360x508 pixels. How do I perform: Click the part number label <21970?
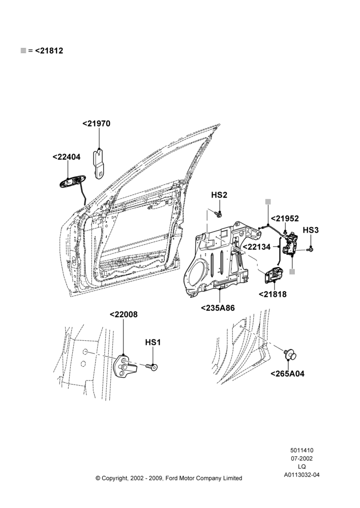click(96, 123)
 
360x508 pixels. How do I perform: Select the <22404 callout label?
click(67, 157)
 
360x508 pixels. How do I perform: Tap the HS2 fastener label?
click(219, 195)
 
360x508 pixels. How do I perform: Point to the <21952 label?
click(285, 218)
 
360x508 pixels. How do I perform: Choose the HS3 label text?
click(311, 230)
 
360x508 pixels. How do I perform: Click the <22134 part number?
click(257, 247)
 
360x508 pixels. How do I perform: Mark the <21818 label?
click(273, 294)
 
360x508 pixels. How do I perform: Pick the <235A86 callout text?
click(218, 308)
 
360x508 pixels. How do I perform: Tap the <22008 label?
click(124, 314)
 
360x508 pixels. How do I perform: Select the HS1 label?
click(153, 342)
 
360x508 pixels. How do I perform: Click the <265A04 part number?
click(288, 374)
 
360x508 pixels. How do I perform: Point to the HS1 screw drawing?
click(152, 367)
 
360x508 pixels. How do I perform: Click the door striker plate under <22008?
click(125, 367)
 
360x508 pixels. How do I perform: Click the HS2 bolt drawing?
click(219, 213)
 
